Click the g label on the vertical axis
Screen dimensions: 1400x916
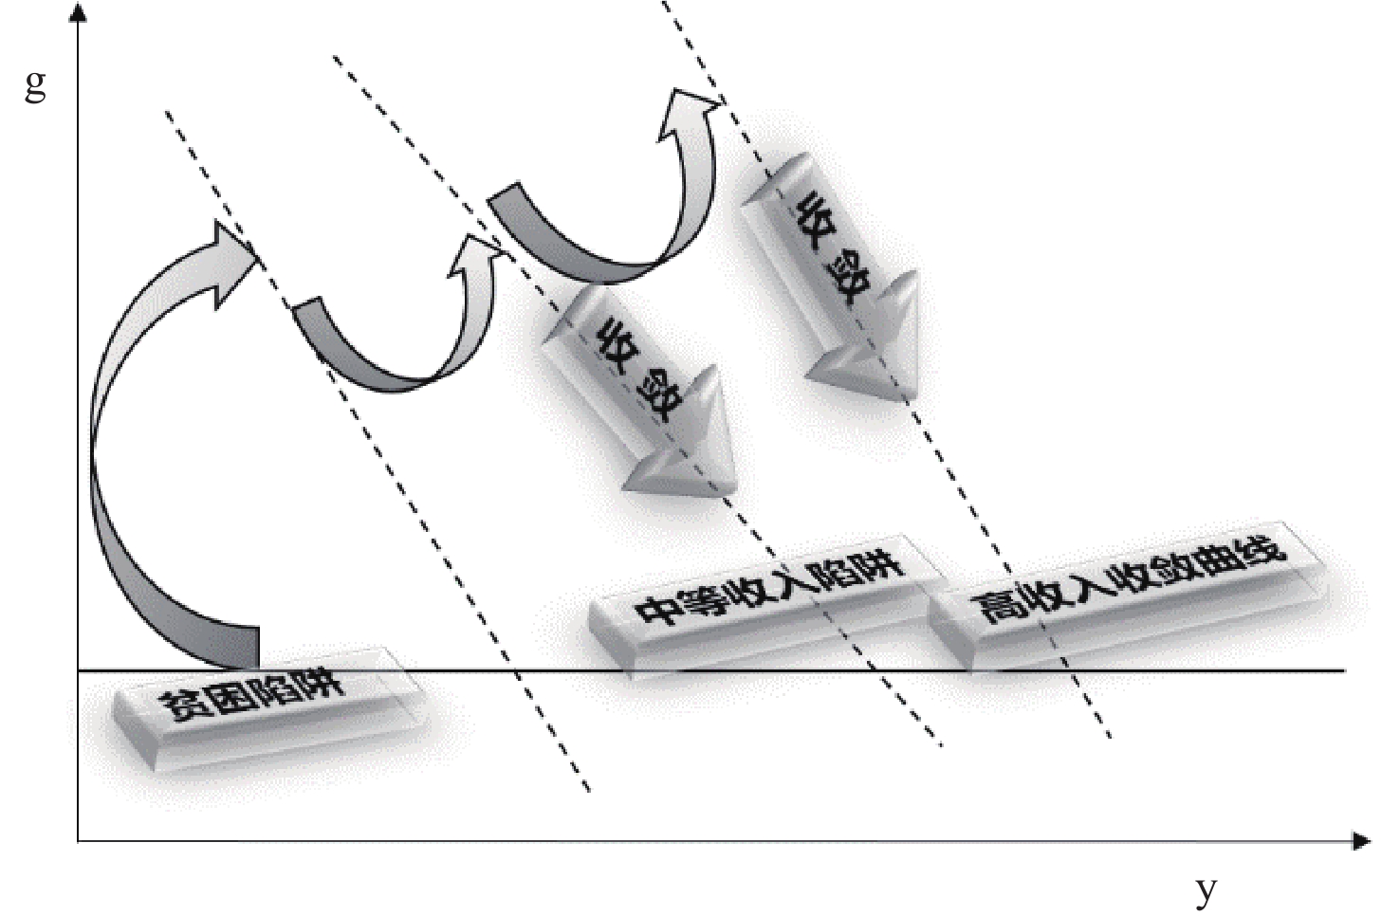pyautogui.click(x=35, y=86)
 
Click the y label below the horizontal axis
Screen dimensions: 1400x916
pyautogui.click(x=1206, y=889)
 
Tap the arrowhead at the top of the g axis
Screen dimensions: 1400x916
pyautogui.click(x=79, y=13)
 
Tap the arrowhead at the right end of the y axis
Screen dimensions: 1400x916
pyautogui.click(x=1361, y=840)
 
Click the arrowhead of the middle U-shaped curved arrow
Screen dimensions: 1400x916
pyautogui.click(x=476, y=251)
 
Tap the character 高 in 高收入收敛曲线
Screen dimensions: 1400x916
pyautogui.click(x=996, y=607)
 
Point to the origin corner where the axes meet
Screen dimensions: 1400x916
pyautogui.click(x=79, y=840)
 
